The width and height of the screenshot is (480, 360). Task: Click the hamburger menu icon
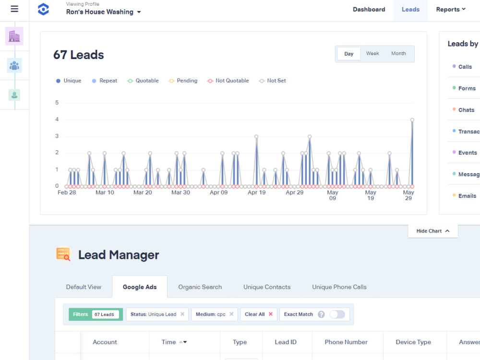coord(14,9)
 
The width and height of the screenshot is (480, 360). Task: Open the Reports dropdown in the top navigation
coord(451,10)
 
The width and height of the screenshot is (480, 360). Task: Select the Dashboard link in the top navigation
coord(369,10)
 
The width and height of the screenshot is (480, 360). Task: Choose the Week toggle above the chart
coord(372,54)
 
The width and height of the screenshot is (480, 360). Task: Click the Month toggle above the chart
coord(398,54)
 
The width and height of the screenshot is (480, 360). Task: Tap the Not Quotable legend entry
coord(228,81)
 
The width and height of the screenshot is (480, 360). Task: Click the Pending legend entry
coord(183,81)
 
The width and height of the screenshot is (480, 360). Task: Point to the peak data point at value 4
coord(412,120)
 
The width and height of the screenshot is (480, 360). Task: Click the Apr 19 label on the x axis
coord(256,192)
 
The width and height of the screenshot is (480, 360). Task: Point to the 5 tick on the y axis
coord(57,103)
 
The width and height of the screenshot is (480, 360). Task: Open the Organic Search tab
coord(200,287)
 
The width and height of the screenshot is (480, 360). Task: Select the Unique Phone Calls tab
coord(339,287)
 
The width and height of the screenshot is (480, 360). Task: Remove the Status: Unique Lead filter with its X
coord(182,314)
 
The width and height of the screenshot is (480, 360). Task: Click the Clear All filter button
coord(259,314)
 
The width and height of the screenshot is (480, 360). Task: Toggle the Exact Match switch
coord(337,314)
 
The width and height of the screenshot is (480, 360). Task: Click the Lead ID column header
coord(286,342)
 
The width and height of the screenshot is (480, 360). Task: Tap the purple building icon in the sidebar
coord(14,36)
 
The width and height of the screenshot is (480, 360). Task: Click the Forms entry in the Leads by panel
coord(467,88)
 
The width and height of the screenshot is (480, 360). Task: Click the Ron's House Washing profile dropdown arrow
coord(139,12)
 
